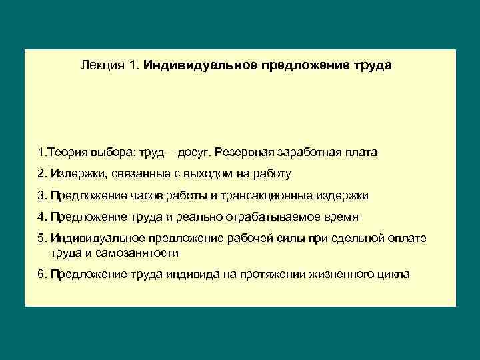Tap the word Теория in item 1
(x=66, y=152)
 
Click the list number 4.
(x=43, y=217)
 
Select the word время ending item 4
(x=341, y=217)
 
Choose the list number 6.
(x=43, y=274)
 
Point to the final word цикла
(x=392, y=274)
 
